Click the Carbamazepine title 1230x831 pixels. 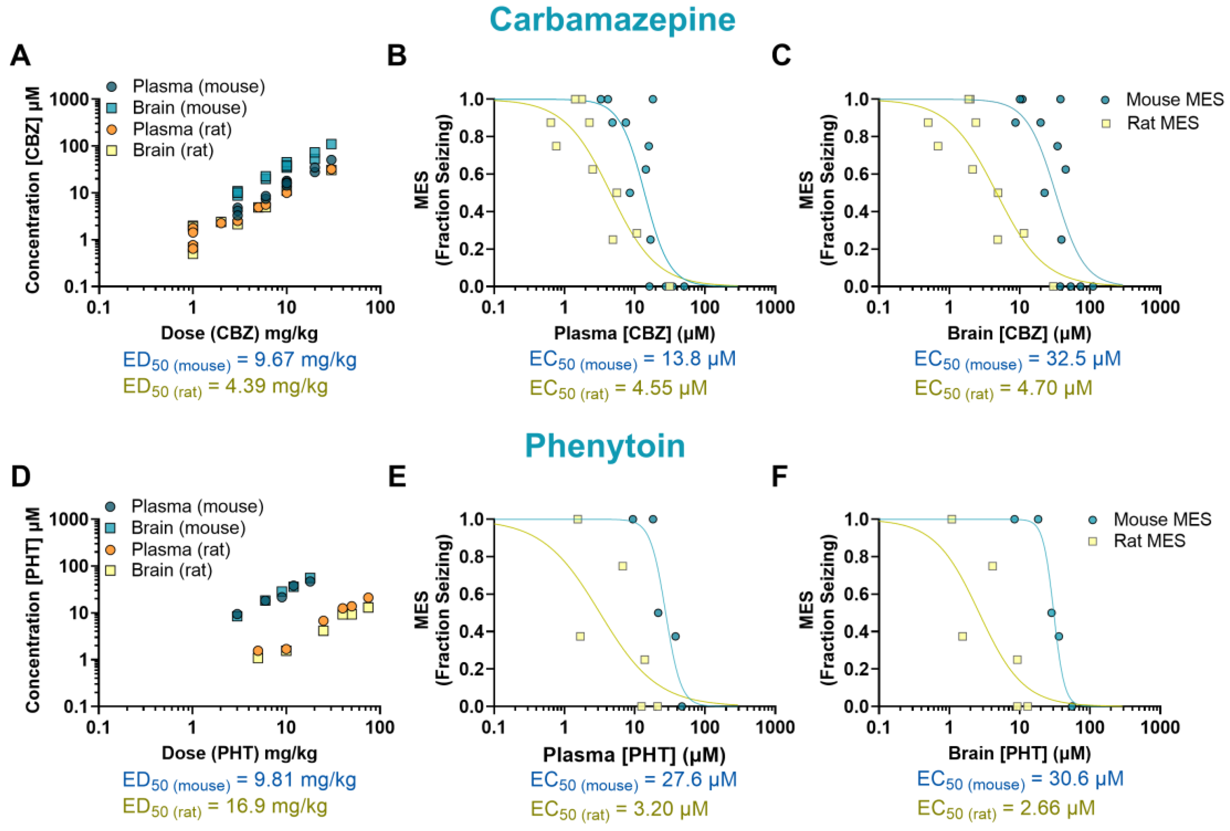tap(612, 20)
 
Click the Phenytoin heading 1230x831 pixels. tap(605, 446)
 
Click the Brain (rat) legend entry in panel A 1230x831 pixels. tap(173, 150)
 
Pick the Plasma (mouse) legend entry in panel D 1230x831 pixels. tap(197, 507)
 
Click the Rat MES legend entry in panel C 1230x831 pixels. tap(1162, 123)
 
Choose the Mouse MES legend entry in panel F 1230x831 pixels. tap(1162, 519)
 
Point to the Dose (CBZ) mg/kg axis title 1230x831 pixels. tap(239, 333)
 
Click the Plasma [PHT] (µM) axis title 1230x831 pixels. tap(634, 754)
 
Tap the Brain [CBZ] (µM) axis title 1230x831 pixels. tap(1019, 333)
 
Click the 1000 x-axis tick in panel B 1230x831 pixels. tap(775, 308)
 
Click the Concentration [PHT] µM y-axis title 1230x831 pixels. tap(33, 610)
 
